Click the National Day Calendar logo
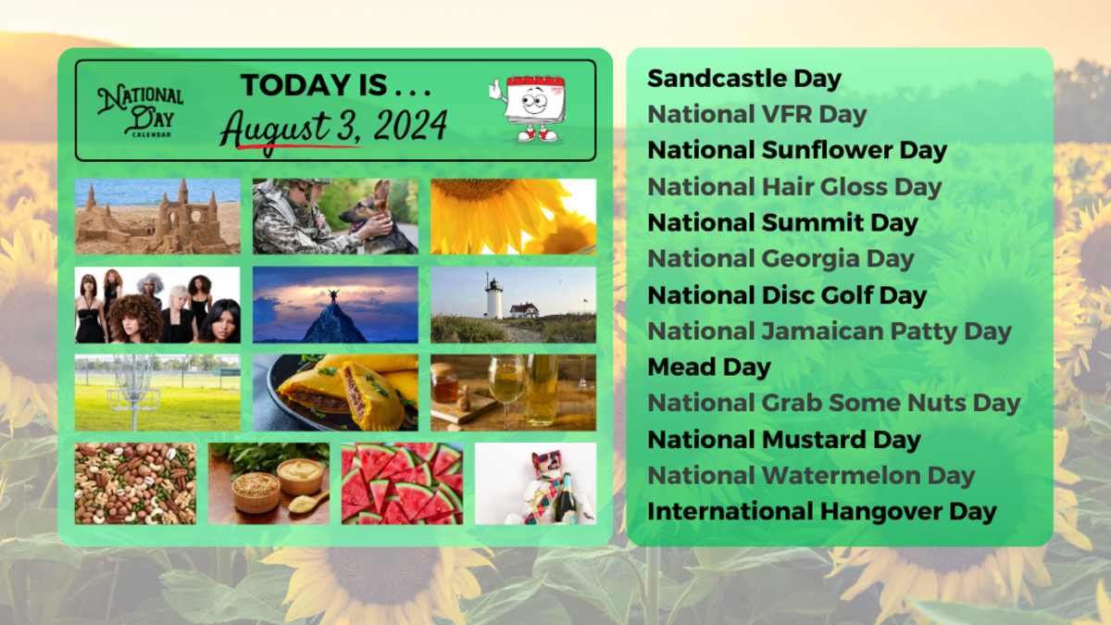pos(141,111)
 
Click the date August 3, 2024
pos(332,127)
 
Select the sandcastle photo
pos(157,216)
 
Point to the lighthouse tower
pos(493,298)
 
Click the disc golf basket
pos(132,383)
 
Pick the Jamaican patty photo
pos(335,393)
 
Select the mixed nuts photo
pos(135,483)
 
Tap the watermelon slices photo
pos(402,483)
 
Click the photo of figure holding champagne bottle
pos(535,483)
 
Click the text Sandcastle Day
pos(743,79)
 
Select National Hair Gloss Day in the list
pos(794,187)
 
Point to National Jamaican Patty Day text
pos(830,331)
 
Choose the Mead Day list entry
pos(708,367)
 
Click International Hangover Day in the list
pos(821,511)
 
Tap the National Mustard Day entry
pos(783,439)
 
